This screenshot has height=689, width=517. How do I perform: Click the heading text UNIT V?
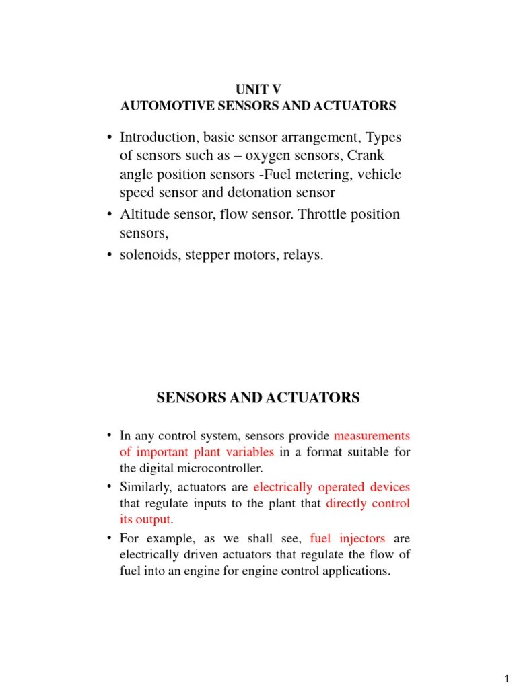click(258, 89)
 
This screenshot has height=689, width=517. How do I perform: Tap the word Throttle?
click(324, 215)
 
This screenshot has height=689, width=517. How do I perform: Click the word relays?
click(302, 255)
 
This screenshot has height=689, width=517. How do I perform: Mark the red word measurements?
click(372, 435)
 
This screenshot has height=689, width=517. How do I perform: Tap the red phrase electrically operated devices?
click(331, 486)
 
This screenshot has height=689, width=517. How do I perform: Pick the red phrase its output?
click(145, 519)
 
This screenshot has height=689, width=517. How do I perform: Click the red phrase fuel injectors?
click(347, 538)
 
